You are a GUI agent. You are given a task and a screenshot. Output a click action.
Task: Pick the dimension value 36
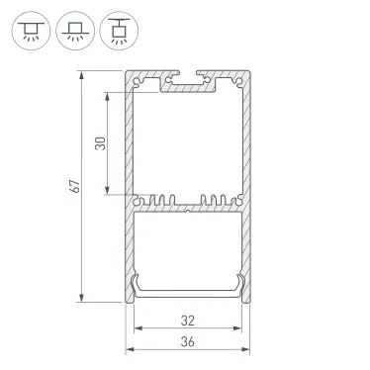[x=188, y=342]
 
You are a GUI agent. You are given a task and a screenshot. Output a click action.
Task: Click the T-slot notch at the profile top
[x=189, y=76]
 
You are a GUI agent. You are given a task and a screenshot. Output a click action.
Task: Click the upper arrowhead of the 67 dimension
[x=82, y=75]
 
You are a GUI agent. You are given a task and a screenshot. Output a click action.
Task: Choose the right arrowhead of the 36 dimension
[x=246, y=351]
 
